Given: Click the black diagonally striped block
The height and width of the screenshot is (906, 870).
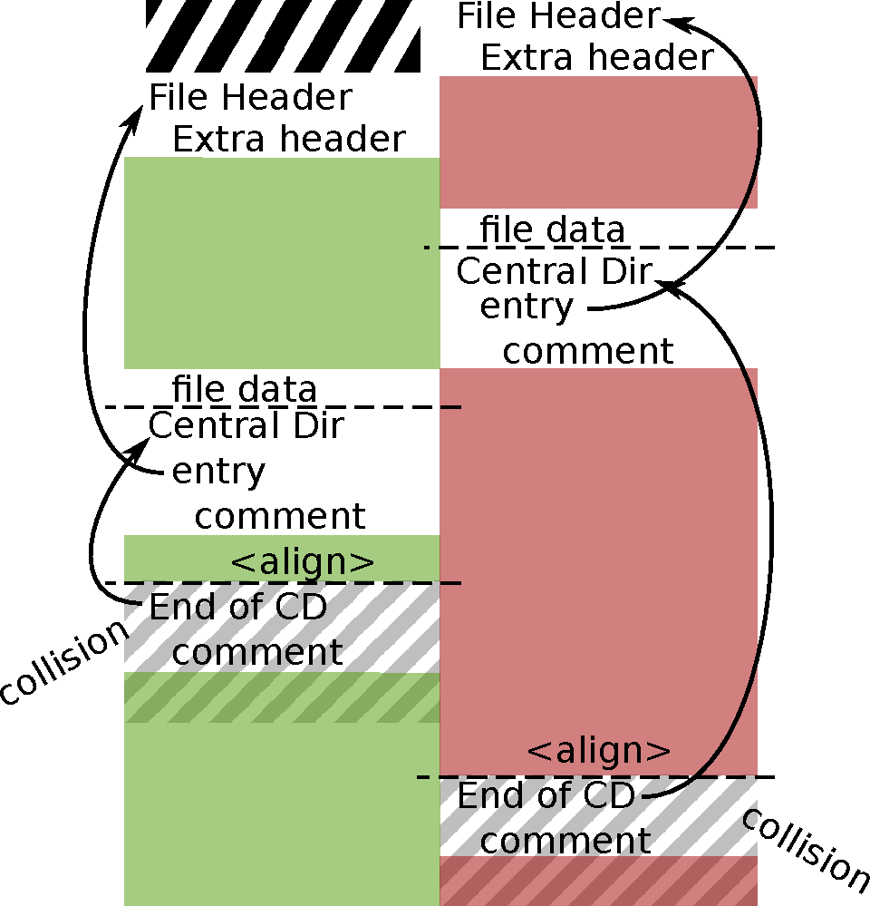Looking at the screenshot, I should point(283,36).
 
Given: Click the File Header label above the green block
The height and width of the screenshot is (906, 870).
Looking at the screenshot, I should point(250,97).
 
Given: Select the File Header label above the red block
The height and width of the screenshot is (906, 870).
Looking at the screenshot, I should point(558,15).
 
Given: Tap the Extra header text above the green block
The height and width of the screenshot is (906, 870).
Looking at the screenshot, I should point(288,140).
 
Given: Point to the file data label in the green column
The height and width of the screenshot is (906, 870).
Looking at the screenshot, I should point(245,389).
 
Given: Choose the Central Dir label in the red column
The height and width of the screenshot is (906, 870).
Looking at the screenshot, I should point(554,271).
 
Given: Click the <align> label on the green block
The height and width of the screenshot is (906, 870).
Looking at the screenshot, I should point(302,562).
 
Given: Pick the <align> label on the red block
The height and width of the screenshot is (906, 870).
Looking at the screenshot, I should point(599,751).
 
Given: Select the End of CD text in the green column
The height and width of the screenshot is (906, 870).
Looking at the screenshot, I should point(237,607).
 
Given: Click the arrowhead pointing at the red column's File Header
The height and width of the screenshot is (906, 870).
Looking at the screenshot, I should point(672,17).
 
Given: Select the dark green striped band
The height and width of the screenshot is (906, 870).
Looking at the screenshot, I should point(281,697).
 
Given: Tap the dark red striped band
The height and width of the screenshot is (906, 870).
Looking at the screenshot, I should point(598,881).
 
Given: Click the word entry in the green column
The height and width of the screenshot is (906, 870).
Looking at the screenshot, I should point(218,472).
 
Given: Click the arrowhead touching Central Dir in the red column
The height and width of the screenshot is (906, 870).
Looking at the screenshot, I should point(669,285).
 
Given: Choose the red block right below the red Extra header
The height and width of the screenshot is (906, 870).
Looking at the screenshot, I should point(598,142).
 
